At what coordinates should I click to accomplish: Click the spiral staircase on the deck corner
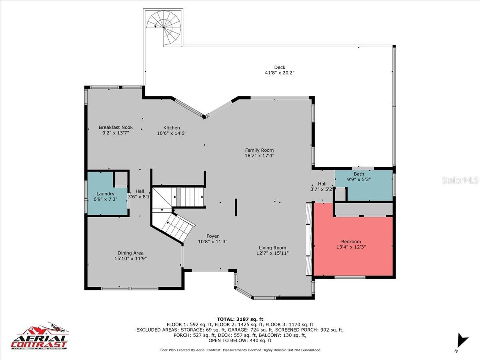pyautogui.click(x=164, y=27)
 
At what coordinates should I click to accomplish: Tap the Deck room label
pyautogui.click(x=280, y=67)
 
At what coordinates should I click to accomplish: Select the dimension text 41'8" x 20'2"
pyautogui.click(x=280, y=73)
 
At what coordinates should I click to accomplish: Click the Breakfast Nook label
pyautogui.click(x=116, y=128)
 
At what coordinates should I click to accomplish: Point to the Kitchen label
pyautogui.click(x=171, y=128)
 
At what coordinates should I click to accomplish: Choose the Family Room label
pyautogui.click(x=259, y=150)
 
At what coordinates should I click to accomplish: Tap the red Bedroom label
pyautogui.click(x=351, y=242)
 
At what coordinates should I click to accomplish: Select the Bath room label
pyautogui.click(x=359, y=174)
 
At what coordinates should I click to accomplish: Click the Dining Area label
pyautogui.click(x=130, y=253)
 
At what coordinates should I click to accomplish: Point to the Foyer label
pyautogui.click(x=212, y=236)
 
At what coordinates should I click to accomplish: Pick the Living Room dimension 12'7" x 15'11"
pyautogui.click(x=272, y=253)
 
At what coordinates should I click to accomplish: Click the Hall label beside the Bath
pyautogui.click(x=322, y=184)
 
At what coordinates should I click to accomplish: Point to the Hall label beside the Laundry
pyautogui.click(x=140, y=191)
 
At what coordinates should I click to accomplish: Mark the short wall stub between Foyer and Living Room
pyautogui.click(x=236, y=208)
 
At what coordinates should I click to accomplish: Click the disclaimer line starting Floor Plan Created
pyautogui.click(x=240, y=350)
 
